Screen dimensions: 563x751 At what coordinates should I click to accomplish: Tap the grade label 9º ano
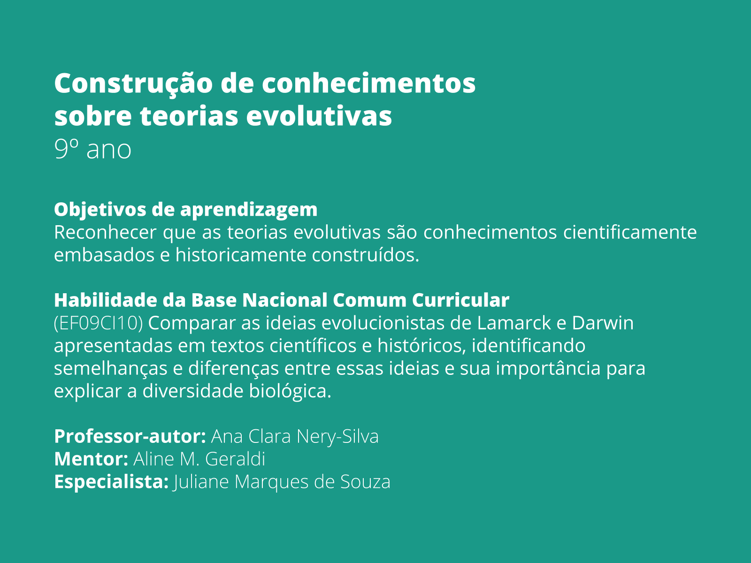[x=92, y=150]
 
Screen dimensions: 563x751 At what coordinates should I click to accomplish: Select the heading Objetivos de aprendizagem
[x=185, y=209]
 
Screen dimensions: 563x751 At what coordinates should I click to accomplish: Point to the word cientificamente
[x=630, y=232]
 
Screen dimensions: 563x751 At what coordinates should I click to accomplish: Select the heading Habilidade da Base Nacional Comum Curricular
[x=282, y=300]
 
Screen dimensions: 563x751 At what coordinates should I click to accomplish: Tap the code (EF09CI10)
[x=98, y=323]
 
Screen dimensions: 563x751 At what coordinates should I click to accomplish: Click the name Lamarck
[x=514, y=323]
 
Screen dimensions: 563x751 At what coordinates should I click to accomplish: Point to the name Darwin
[x=603, y=323]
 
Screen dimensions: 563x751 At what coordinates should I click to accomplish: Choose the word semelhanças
[x=111, y=368]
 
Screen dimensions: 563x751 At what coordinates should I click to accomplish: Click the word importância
[x=548, y=368]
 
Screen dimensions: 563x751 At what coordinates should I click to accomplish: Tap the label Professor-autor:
[x=130, y=436]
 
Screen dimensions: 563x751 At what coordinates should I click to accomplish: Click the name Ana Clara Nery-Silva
[x=295, y=436]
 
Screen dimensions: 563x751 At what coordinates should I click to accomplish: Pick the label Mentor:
[x=91, y=459]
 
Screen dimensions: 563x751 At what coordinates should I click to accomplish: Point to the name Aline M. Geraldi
[x=199, y=459]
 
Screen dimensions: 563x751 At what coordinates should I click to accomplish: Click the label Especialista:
[x=111, y=482]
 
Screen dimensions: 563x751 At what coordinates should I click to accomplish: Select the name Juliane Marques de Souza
[x=282, y=482]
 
